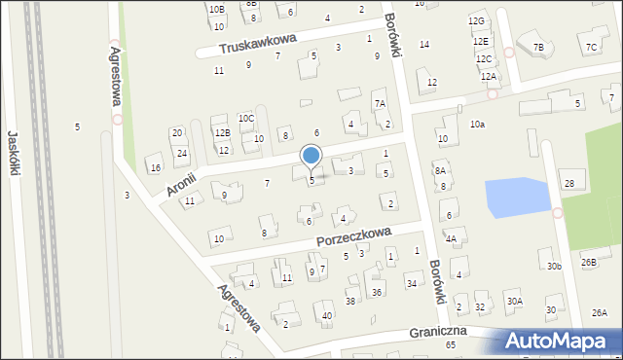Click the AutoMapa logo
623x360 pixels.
563,341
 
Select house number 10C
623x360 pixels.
246,119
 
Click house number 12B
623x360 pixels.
222,132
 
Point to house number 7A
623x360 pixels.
381,103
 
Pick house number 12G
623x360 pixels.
476,21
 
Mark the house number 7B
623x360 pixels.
538,47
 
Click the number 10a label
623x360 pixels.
477,125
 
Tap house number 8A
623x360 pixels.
440,170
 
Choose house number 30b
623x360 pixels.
554,266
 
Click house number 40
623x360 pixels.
327,315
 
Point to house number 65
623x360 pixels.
451,345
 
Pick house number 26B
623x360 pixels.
589,262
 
